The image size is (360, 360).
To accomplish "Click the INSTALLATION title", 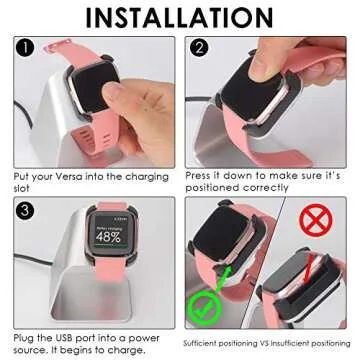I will coord(180,17).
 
